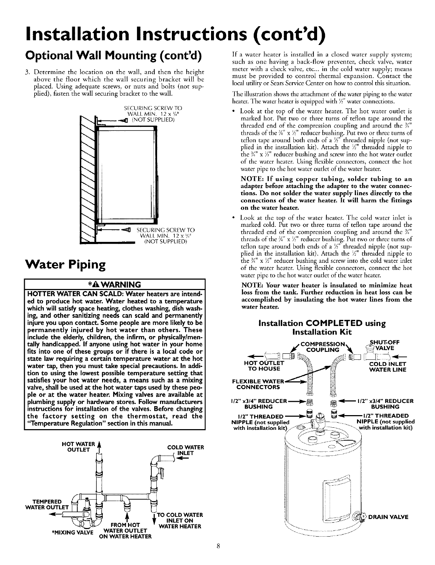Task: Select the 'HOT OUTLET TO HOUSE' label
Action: click(261, 366)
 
